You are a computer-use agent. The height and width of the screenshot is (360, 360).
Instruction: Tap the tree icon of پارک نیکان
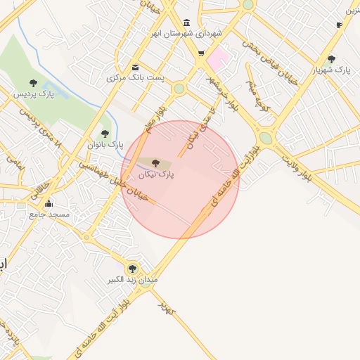click(x=155, y=162)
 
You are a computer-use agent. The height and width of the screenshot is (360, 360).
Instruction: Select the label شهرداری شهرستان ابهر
click(x=186, y=33)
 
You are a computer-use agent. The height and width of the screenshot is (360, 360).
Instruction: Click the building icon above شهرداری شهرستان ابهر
click(x=186, y=22)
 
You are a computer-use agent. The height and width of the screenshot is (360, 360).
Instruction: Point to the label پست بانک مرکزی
click(x=135, y=77)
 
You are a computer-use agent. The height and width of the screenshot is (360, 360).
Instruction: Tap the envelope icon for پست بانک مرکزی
click(x=135, y=67)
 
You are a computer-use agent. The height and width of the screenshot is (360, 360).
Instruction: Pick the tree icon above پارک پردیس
click(x=33, y=83)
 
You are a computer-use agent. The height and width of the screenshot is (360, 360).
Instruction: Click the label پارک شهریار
click(x=332, y=70)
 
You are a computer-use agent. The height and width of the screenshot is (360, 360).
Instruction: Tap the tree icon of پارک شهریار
click(x=331, y=59)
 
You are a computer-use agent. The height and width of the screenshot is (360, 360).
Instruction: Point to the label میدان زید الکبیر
click(x=133, y=279)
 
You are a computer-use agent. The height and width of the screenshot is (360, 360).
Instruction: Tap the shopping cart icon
click(x=201, y=53)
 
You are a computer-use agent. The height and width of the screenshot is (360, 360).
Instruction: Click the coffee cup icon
click(x=339, y=25)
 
